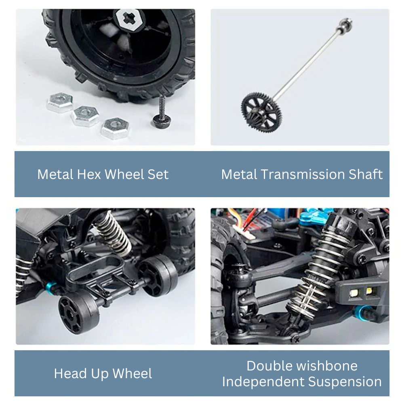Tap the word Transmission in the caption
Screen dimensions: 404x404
(303, 174)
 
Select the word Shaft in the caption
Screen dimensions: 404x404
(366, 174)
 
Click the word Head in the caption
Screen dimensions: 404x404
(70, 373)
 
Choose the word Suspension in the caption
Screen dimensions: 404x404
(345, 382)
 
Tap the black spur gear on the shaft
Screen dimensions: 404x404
(261, 113)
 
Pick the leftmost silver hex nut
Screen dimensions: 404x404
(60, 102)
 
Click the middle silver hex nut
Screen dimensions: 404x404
(85, 116)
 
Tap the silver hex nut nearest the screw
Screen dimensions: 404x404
(115, 128)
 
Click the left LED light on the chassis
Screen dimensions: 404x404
(353, 292)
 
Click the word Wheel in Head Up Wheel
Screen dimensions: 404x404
(133, 373)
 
